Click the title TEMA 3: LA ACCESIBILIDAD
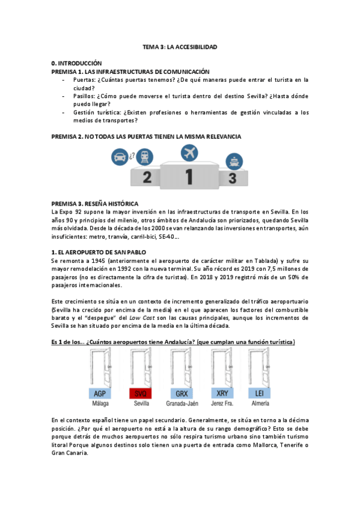(179, 46)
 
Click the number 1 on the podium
(189, 177)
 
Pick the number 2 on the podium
(146, 178)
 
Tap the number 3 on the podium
(233, 179)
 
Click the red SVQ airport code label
(140, 393)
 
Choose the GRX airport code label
(181, 393)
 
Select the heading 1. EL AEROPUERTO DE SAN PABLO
(99, 251)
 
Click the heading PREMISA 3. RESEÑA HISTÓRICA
(95, 203)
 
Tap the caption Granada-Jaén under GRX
(181, 404)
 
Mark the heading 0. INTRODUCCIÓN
(77, 63)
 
